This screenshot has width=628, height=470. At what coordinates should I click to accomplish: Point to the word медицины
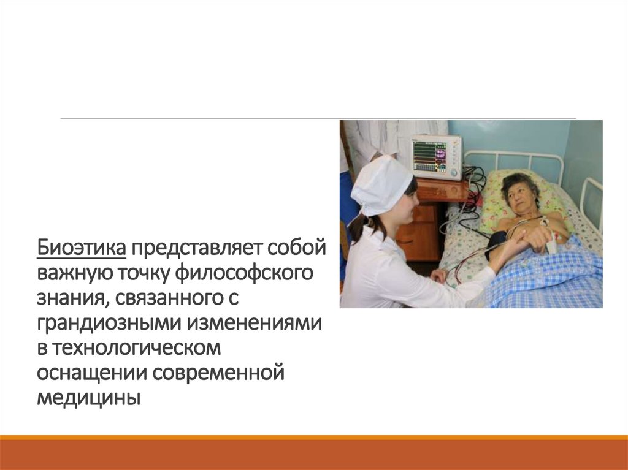pos(88,397)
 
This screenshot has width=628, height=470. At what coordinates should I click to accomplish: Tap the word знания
pos(67,298)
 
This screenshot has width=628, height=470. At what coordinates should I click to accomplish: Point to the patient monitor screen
pos(431,157)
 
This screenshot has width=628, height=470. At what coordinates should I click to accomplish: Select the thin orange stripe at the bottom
pos(314,437)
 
